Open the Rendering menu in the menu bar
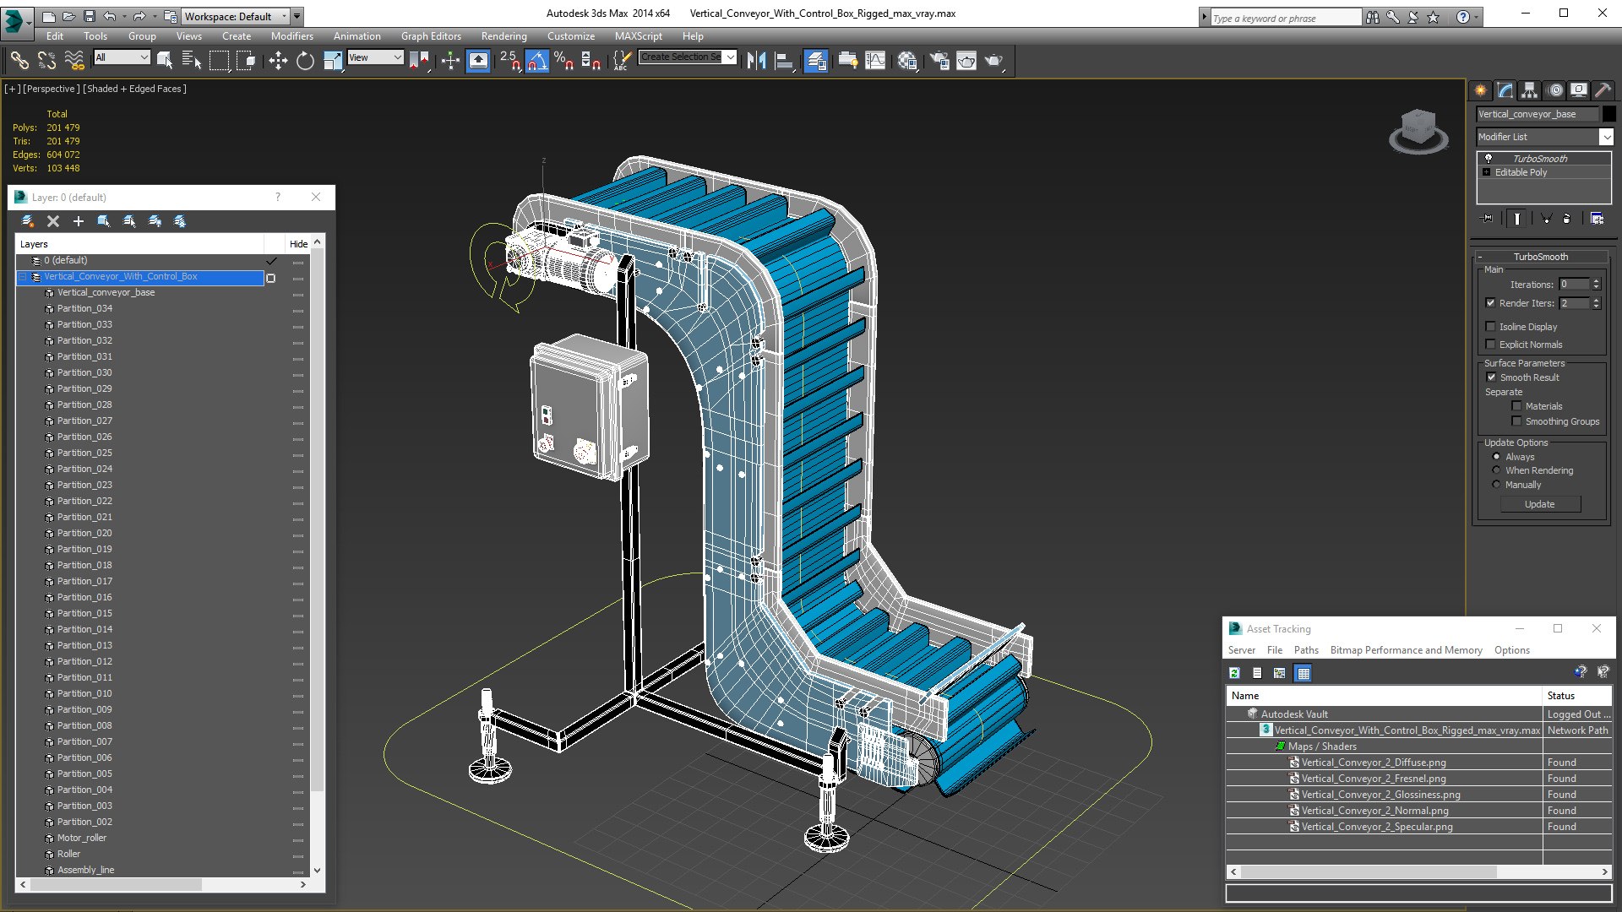503,36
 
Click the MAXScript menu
638,36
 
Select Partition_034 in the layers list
84,308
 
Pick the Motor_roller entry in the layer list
82,838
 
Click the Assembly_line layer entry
85,870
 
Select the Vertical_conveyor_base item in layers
106,292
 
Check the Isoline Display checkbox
1491,327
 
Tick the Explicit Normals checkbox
1491,345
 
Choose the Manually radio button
1497,485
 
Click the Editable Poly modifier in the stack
1521,172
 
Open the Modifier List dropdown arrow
1606,137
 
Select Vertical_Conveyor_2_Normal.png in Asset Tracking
1374,811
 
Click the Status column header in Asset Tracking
1560,696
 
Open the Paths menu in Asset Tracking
1306,650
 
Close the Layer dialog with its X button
316,197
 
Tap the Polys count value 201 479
63,128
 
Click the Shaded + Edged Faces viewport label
134,89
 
